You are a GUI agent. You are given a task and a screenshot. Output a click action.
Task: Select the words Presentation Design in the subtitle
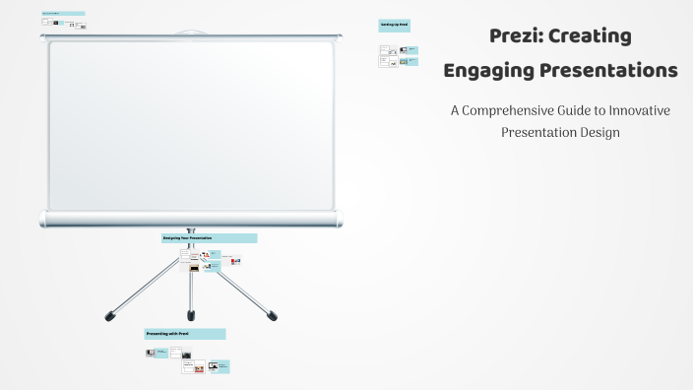tap(560, 131)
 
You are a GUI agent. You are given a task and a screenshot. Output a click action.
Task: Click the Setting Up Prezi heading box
tap(394, 26)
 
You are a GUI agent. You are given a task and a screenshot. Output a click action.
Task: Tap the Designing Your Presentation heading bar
tap(209, 238)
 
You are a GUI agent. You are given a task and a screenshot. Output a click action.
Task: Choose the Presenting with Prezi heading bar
tap(184, 335)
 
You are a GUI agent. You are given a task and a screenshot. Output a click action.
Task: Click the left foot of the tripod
tap(109, 316)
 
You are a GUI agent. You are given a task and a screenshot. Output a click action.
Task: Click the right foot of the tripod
tap(273, 316)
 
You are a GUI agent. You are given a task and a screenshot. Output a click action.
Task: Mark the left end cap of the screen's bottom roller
tap(43, 219)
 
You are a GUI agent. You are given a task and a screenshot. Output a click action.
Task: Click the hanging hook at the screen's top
tap(191, 33)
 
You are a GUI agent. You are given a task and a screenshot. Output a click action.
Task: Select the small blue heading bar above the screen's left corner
tap(63, 14)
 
